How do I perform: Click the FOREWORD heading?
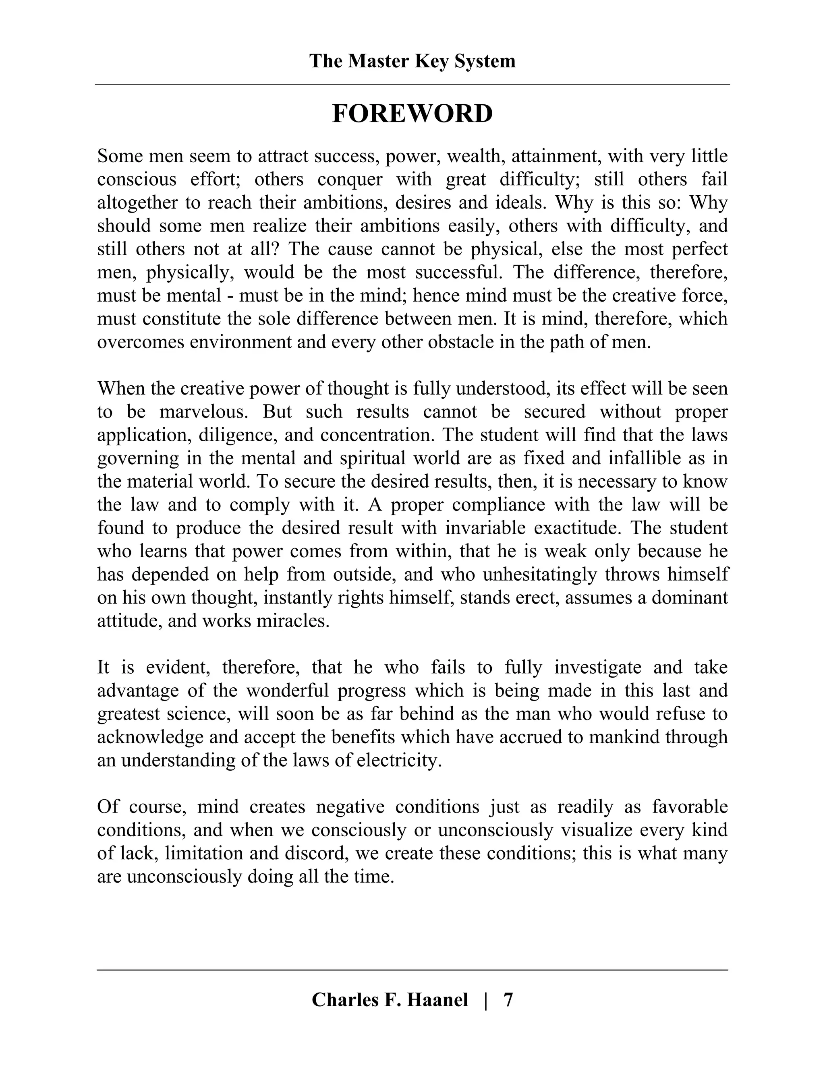(412, 114)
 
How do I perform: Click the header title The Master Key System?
(412, 62)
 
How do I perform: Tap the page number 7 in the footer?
(508, 1000)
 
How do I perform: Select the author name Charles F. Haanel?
(390, 1000)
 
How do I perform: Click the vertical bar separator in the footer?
(485, 1000)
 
